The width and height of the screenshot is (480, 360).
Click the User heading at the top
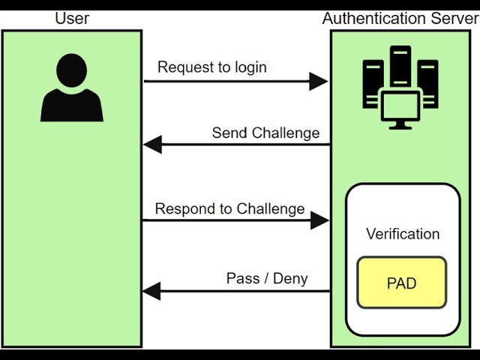[x=72, y=17]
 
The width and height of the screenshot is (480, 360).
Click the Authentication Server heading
[x=400, y=17]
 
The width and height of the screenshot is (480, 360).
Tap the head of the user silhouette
[x=72, y=69]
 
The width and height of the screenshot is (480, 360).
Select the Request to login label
[x=211, y=67]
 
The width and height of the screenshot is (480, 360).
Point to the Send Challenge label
[x=265, y=133]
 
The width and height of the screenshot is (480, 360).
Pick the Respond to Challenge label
[x=229, y=208]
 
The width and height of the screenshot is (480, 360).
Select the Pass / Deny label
[x=267, y=278]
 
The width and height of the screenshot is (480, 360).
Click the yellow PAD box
[x=401, y=283]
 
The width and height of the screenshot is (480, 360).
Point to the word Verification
[x=403, y=234]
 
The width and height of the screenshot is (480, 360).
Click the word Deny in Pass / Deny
[x=291, y=278]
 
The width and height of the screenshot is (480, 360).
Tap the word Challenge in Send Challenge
[x=286, y=133]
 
